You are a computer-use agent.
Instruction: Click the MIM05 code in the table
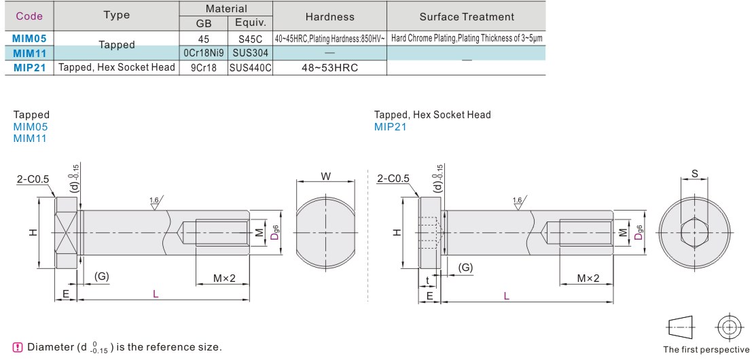(x=29, y=39)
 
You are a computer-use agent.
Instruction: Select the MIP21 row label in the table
(x=29, y=68)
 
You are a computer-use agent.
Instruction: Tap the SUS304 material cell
(x=250, y=53)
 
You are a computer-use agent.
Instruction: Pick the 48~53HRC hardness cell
(x=330, y=68)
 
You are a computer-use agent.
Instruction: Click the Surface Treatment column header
(x=467, y=17)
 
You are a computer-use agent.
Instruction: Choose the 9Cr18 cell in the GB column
(x=203, y=68)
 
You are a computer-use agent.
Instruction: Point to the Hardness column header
(x=330, y=17)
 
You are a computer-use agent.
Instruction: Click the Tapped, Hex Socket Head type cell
(x=116, y=67)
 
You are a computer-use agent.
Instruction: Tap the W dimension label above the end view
(x=326, y=176)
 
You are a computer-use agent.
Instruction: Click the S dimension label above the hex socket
(x=695, y=173)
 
